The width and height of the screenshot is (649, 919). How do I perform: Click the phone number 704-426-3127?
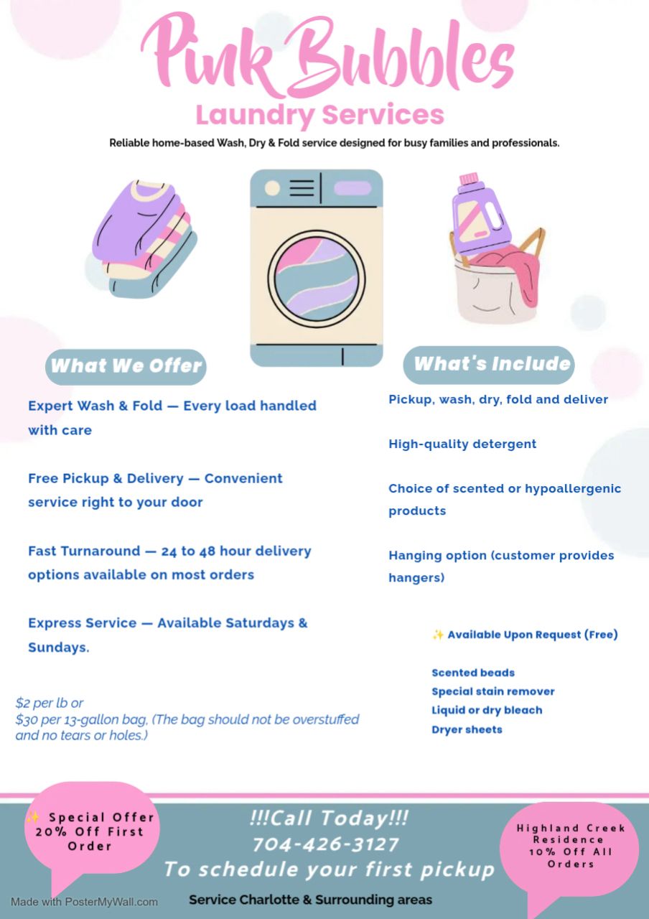coord(325,844)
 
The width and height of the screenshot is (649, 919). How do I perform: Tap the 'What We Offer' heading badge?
coord(126,366)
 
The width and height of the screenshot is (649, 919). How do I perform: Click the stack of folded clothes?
coord(144,237)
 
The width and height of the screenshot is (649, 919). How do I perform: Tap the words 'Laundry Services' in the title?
coord(320,115)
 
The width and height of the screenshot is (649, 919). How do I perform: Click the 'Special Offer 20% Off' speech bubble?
coord(90,833)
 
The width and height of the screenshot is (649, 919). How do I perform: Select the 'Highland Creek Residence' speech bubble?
coord(571,847)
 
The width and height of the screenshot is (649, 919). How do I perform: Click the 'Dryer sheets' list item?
coord(467,729)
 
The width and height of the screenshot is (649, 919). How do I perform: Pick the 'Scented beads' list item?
coord(473,673)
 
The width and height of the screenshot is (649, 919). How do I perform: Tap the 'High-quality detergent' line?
coord(462,444)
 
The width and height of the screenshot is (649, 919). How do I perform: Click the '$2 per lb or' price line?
coord(50,703)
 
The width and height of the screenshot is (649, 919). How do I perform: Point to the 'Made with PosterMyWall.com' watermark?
coord(84,902)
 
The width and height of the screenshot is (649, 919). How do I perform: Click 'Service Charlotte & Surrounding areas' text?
coord(310,900)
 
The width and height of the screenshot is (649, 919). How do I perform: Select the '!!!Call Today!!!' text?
coord(329,818)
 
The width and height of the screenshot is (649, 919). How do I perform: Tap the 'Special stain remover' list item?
coord(493,691)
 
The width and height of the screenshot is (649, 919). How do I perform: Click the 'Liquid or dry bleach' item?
coord(487,710)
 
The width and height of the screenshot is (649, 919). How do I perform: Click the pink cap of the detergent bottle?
coord(469,178)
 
